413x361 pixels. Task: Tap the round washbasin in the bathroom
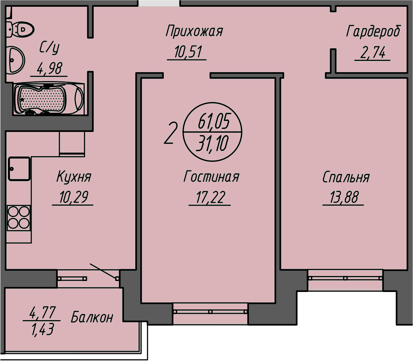click(15, 60)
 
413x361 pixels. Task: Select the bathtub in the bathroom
click(49, 99)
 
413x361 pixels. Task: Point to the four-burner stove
click(19, 218)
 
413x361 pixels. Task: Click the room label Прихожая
click(194, 31)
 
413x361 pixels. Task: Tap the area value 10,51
click(188, 53)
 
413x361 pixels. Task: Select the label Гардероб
click(373, 31)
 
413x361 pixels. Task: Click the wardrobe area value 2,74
click(372, 53)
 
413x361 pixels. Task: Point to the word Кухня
click(74, 177)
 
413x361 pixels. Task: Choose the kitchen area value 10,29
click(73, 197)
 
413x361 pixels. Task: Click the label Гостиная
click(211, 177)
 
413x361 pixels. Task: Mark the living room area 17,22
click(210, 198)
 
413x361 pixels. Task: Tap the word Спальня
click(346, 177)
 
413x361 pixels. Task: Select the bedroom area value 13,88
click(344, 198)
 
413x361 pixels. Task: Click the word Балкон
click(92, 317)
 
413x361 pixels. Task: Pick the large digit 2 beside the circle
click(170, 133)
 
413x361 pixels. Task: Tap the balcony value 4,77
click(42, 313)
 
